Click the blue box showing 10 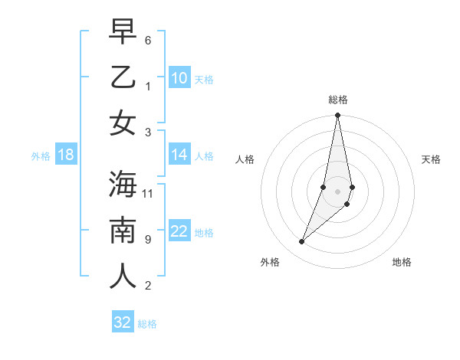point(179,78)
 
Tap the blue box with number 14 point(179,155)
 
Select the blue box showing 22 point(179,231)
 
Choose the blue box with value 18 point(66,155)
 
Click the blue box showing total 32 point(123,322)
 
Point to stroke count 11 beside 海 point(148,193)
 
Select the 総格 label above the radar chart point(338,100)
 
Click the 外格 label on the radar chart point(270,262)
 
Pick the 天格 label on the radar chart point(431,159)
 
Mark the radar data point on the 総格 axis point(338,116)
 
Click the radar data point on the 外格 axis point(302,242)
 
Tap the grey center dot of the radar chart point(338,191)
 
